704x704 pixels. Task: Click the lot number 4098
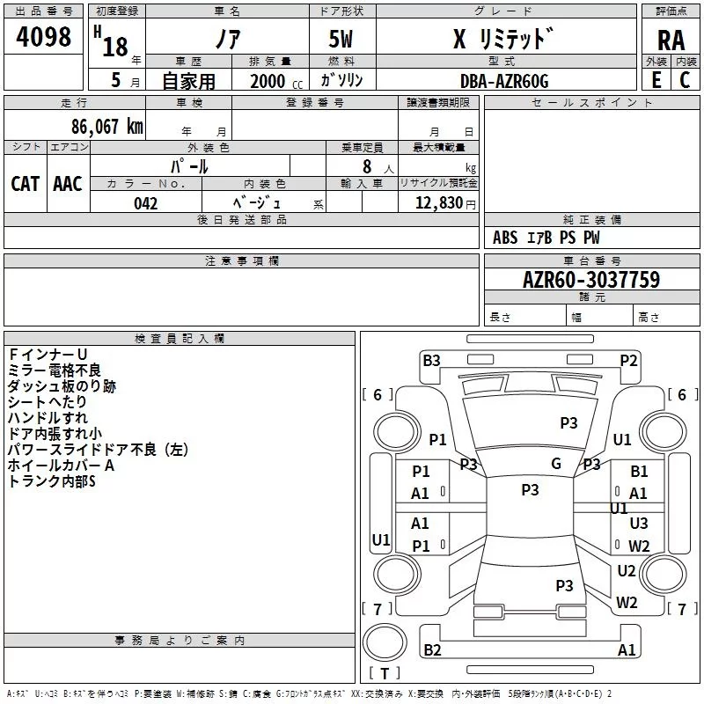[44, 37]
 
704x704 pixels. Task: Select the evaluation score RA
[671, 40]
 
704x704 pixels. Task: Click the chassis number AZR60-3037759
[591, 280]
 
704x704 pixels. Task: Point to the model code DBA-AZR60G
[503, 81]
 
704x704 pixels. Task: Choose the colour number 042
[146, 203]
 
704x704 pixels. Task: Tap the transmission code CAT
[26, 183]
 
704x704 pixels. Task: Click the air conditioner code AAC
[68, 183]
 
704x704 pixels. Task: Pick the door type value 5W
[341, 40]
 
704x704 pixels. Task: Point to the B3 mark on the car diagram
[431, 360]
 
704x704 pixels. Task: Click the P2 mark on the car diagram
[628, 360]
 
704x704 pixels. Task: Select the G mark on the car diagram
[556, 463]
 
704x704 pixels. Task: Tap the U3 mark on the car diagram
[639, 524]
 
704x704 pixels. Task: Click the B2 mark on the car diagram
[432, 650]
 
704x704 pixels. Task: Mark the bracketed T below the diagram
[384, 673]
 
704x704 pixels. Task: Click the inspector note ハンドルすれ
[48, 418]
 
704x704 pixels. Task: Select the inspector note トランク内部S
[51, 481]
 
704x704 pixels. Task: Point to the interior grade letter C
[685, 80]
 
